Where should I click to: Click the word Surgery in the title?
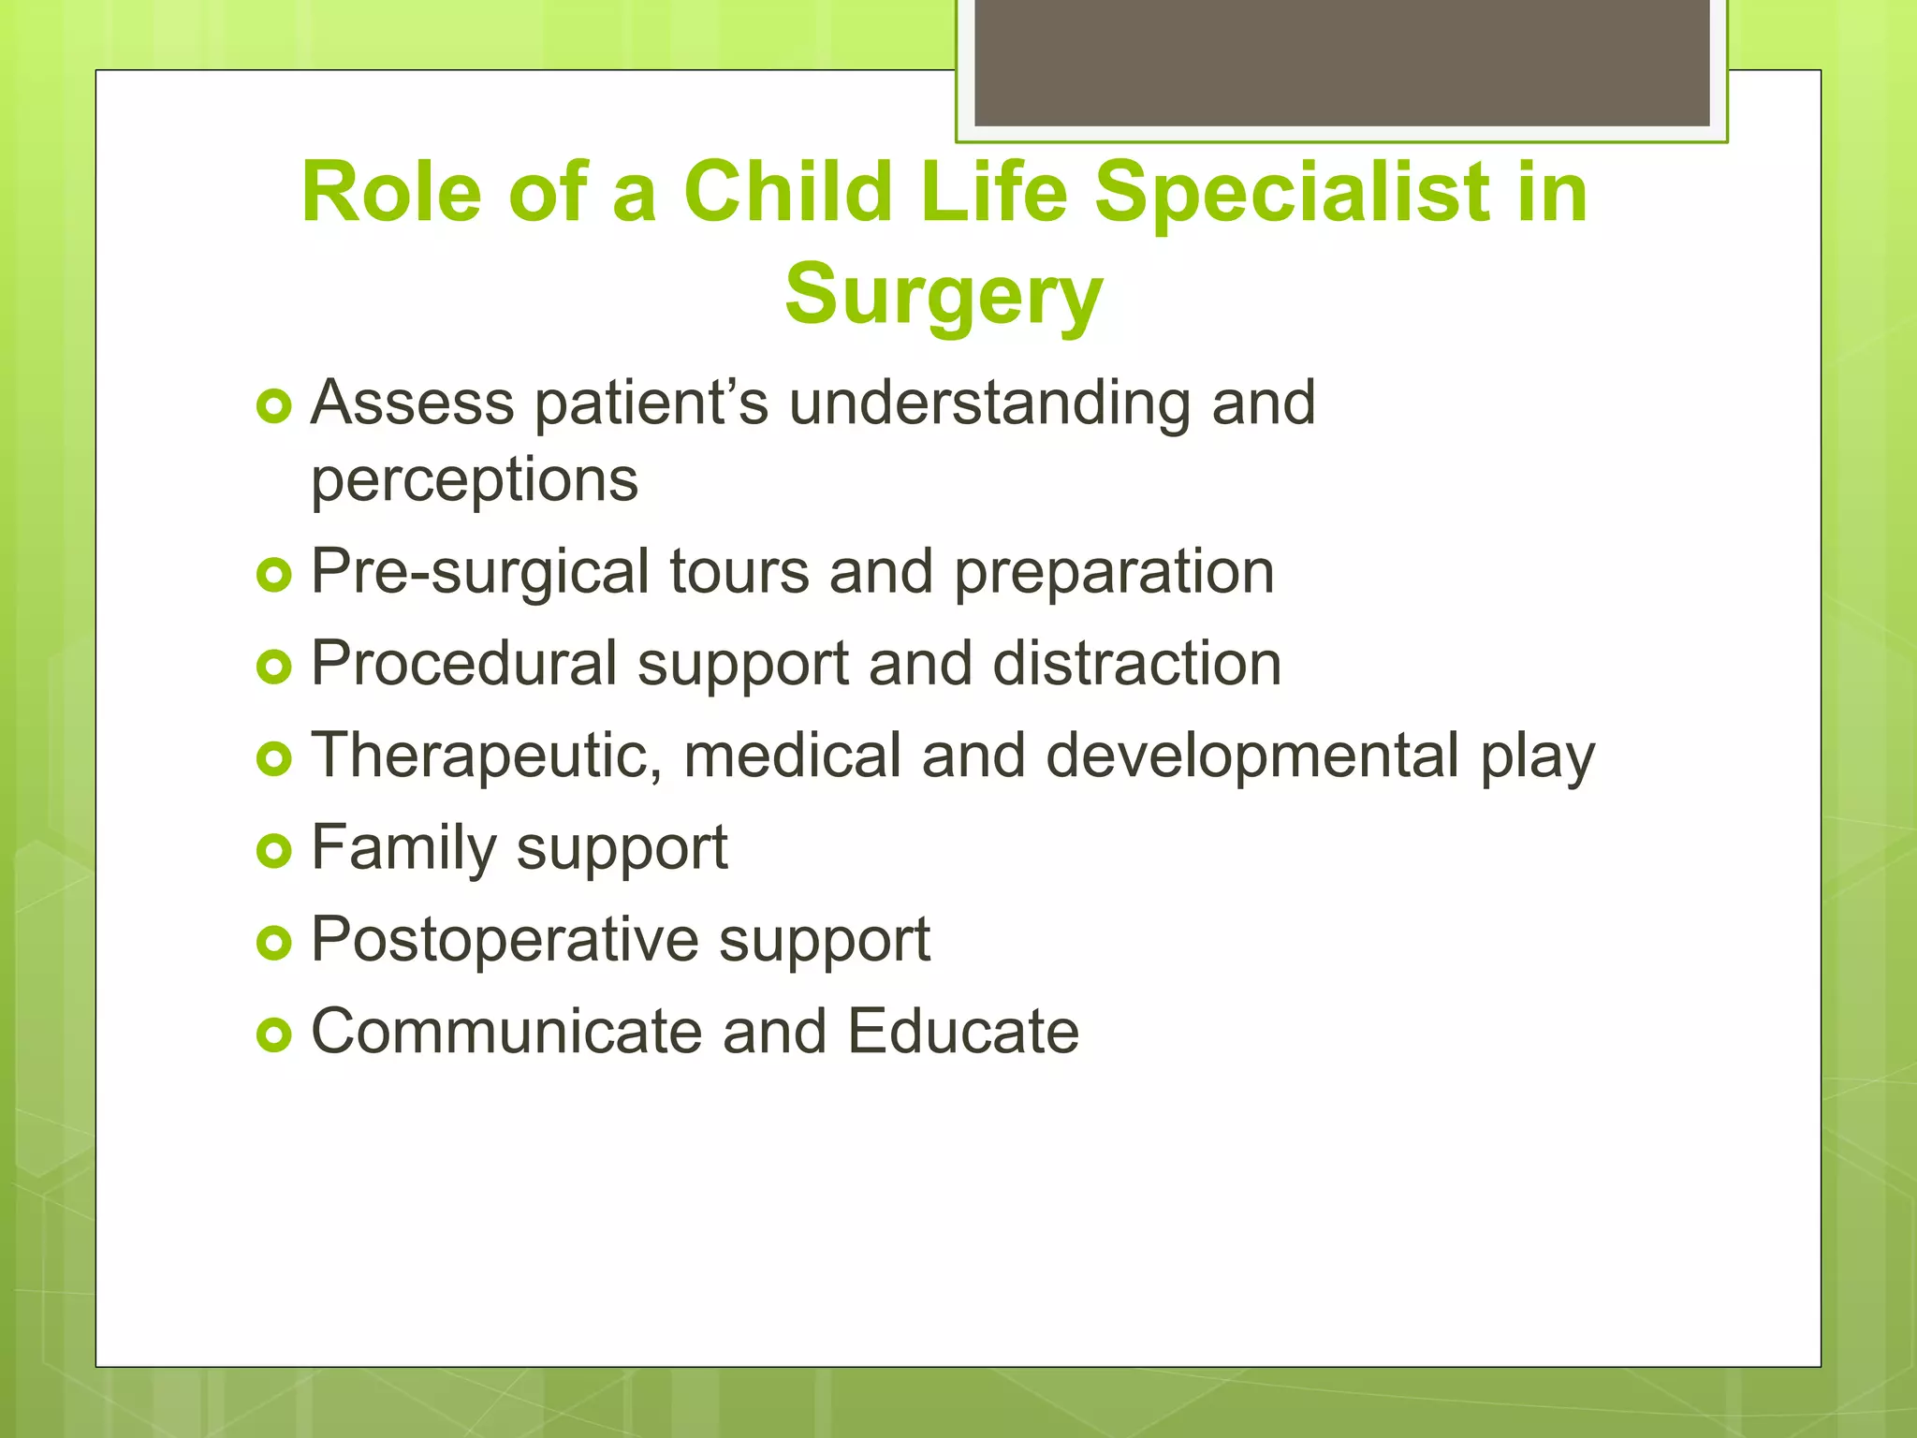point(944,295)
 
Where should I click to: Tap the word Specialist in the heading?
point(1292,193)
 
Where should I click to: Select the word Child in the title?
point(788,193)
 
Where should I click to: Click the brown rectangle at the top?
point(1341,63)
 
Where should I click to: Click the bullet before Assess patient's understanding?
point(274,406)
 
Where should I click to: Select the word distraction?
point(1136,664)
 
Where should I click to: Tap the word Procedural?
point(464,664)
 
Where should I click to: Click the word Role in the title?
point(391,193)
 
